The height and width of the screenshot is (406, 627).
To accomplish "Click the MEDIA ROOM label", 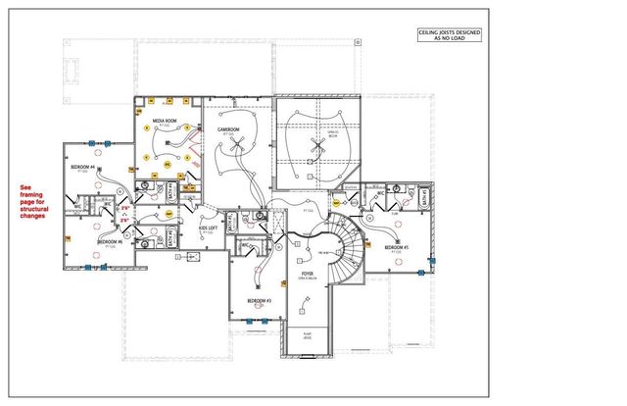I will pos(164,122).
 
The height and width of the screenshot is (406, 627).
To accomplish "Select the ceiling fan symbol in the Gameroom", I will pos(235,143).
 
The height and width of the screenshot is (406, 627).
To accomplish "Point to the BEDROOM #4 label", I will pos(81,168).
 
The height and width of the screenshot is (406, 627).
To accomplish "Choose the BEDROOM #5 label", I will pos(397,248).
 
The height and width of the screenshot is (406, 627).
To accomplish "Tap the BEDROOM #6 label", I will pos(109,240).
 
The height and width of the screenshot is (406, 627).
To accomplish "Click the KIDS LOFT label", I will pos(208,228).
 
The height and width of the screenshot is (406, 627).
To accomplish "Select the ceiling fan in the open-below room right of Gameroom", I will pos(314,145).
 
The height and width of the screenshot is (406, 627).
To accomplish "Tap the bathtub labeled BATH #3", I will pos(232,225).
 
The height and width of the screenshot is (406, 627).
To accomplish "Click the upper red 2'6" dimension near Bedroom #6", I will pos(124,208).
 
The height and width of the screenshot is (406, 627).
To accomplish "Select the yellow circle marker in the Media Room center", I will pos(167,165).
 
